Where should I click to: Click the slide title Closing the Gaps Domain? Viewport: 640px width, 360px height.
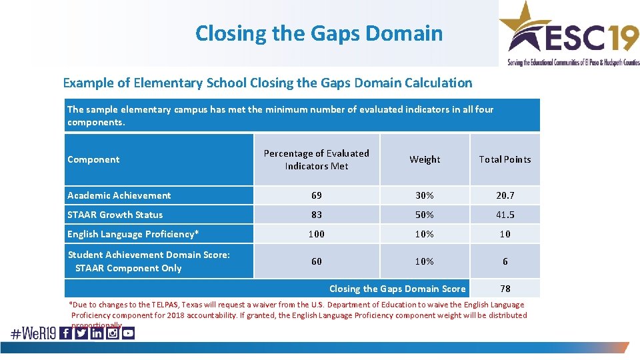click(319, 33)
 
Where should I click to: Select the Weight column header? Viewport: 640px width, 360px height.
click(425, 159)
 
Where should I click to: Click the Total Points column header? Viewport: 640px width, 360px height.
click(505, 159)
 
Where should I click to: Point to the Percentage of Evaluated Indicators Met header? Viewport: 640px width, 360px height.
click(316, 159)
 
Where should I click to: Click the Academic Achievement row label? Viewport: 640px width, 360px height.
click(119, 195)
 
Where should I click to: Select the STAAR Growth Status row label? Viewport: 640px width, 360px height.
click(115, 215)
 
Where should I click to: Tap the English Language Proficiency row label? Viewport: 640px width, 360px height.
click(133, 234)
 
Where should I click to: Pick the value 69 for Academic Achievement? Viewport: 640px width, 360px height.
click(316, 195)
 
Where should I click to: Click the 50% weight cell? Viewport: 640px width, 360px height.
click(425, 215)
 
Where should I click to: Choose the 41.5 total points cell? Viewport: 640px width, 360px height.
click(505, 215)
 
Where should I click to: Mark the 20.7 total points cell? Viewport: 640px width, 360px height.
click(505, 195)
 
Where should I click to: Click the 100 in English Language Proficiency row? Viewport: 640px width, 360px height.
click(316, 234)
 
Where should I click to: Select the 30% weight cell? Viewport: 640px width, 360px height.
click(425, 195)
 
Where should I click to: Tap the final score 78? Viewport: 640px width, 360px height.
click(505, 289)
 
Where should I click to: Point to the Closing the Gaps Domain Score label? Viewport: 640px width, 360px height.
click(397, 289)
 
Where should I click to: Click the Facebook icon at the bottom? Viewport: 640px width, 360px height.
click(65, 333)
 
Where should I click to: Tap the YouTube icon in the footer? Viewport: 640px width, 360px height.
click(128, 333)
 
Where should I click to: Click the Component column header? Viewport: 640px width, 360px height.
click(94, 159)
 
